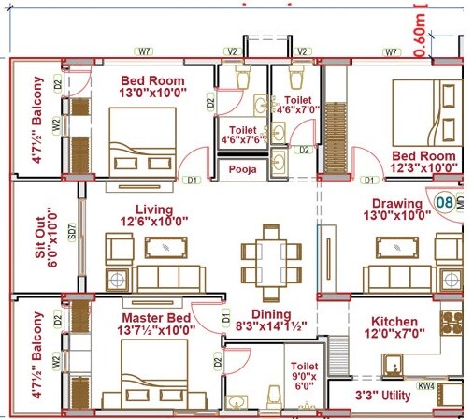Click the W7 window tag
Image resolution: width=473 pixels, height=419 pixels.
144,51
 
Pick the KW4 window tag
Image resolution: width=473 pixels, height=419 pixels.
426,383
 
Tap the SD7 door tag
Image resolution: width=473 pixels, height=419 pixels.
73,238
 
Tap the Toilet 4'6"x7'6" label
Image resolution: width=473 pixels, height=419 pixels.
238,137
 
